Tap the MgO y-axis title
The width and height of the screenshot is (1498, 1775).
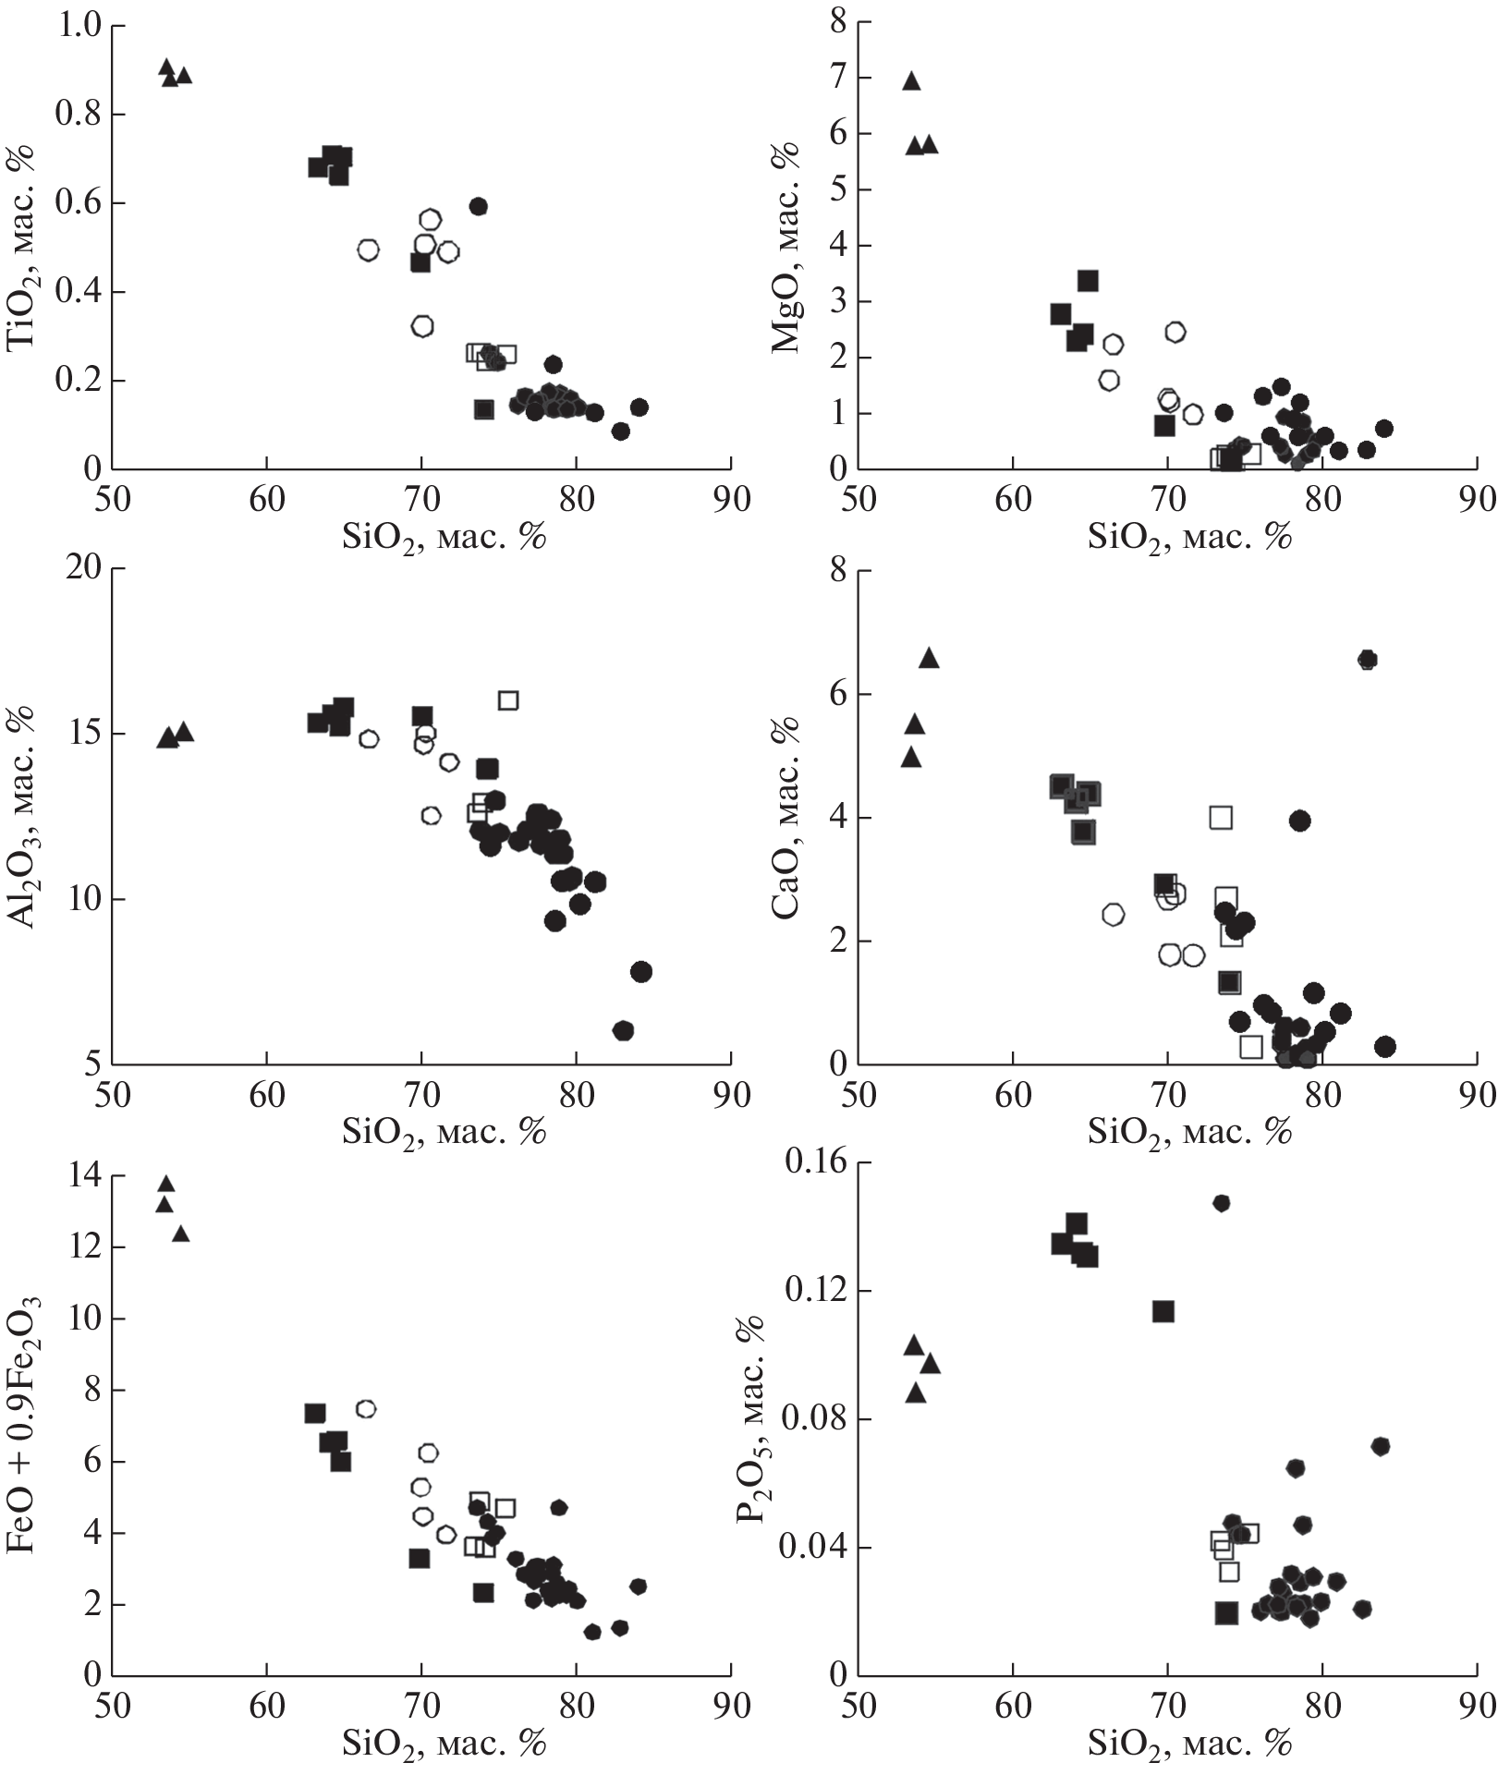coord(786,248)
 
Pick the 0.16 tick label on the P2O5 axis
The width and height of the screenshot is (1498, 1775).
coord(815,1162)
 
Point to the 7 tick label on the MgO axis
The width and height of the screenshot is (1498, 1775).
coord(838,78)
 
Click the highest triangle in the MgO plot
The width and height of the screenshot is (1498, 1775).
coord(911,81)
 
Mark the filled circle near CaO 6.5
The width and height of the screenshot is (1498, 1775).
coord(1368,660)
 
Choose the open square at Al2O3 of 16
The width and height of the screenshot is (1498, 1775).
coord(508,700)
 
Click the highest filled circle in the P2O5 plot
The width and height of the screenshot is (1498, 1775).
coord(1222,1203)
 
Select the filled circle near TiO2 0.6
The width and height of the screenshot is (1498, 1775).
coord(478,206)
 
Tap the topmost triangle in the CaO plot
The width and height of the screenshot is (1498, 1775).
coord(929,658)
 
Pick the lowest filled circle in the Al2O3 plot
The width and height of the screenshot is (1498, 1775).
coord(623,1030)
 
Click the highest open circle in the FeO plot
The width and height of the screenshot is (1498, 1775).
coord(366,1409)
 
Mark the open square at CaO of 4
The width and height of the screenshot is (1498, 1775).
coord(1221,818)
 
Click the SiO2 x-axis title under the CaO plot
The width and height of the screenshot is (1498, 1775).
coord(1188,1132)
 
